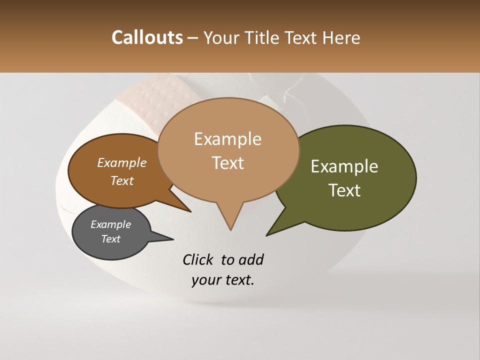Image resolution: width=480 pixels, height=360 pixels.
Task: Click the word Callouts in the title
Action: coord(147,37)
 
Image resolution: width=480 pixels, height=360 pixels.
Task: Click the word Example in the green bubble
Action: coord(344,166)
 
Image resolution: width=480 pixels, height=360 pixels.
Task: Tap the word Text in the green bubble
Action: coord(344,190)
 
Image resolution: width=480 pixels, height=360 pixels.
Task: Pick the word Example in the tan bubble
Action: coord(227,139)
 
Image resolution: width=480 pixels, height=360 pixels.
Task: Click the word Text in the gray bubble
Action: coord(111,239)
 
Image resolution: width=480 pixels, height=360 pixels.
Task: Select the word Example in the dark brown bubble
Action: coord(121,163)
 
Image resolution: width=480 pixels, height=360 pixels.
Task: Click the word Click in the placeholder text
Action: coord(199,259)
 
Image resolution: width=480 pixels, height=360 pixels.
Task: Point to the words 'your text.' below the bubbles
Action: coord(223,280)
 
